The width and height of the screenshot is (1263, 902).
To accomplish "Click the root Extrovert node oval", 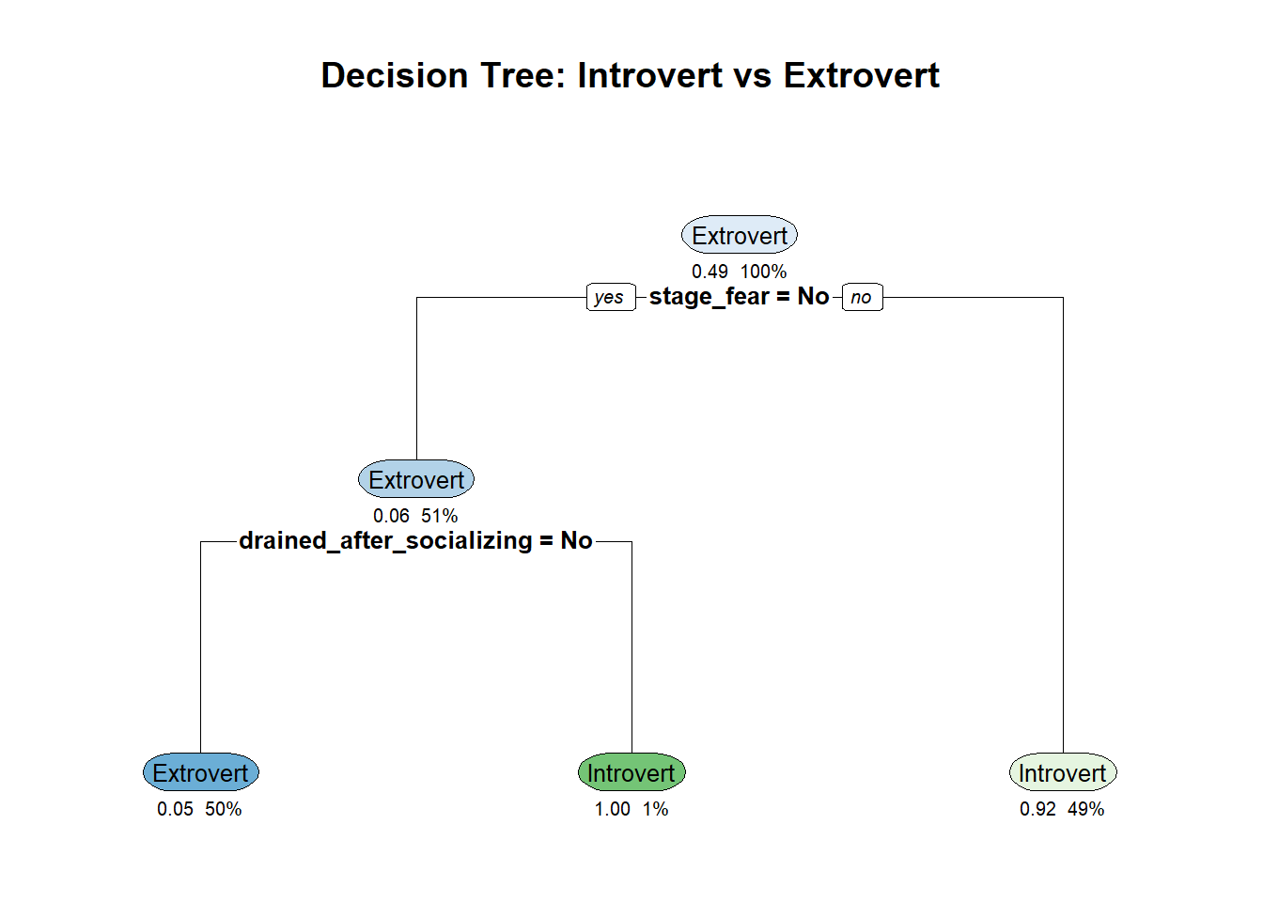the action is click(740, 235).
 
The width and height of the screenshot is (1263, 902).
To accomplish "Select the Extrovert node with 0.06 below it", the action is click(416, 479).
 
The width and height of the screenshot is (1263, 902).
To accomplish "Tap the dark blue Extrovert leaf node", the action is click(201, 772).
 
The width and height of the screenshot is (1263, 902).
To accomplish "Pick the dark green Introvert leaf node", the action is click(631, 772).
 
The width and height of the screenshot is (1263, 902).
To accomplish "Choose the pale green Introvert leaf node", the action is click(1063, 772).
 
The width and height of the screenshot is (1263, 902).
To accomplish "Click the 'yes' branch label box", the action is click(611, 297).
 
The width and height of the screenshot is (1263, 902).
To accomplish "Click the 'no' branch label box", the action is click(862, 297).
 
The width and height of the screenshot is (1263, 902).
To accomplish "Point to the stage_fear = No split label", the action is click(740, 297).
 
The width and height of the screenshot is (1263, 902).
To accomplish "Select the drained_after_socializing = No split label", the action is click(415, 540).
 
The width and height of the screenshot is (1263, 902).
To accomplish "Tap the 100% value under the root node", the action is click(763, 272).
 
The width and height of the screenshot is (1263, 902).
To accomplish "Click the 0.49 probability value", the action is click(709, 272).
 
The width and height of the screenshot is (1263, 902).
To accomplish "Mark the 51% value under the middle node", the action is click(439, 516).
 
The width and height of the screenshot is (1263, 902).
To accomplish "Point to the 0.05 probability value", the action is click(175, 809).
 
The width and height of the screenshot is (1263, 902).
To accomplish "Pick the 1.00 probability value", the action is click(613, 809).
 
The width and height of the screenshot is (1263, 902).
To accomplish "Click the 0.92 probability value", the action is click(1037, 809).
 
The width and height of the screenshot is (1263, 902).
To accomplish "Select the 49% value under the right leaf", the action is click(1085, 809).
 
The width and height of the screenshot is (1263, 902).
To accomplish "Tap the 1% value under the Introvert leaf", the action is click(655, 809).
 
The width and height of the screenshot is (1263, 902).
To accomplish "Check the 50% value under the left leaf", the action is click(224, 809).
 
